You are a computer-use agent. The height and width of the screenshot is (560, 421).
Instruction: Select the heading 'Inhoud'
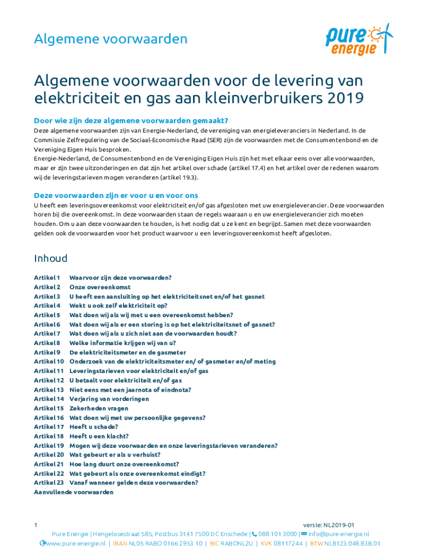tap(51, 258)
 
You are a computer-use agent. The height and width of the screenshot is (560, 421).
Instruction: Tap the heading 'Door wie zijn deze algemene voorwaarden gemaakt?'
tap(131, 121)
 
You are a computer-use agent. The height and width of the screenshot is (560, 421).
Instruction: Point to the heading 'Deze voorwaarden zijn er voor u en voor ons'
tap(116, 195)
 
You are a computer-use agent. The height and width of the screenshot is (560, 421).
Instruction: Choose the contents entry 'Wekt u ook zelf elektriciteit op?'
tap(118, 306)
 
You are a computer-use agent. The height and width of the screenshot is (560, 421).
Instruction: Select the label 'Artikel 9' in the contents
tap(47, 352)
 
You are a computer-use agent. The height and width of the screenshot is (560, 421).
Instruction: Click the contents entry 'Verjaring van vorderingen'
tap(109, 399)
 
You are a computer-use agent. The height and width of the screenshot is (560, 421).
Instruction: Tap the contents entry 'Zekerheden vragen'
tap(99, 408)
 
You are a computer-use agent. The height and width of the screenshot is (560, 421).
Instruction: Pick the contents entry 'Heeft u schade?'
tap(93, 427)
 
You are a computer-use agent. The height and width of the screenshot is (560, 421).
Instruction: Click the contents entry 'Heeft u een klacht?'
tap(99, 436)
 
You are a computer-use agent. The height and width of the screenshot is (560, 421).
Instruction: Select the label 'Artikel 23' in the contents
tap(49, 482)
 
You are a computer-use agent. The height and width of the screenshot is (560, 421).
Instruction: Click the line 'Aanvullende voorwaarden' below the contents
tap(74, 492)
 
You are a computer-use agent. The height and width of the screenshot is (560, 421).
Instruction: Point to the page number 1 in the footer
tap(36, 525)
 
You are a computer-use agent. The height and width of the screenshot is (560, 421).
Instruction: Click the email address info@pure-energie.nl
tap(338, 534)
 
